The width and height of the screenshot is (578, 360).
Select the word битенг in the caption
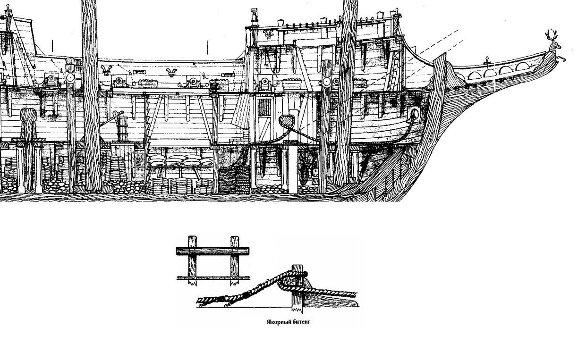301,322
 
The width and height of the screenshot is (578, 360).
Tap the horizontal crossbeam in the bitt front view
212,251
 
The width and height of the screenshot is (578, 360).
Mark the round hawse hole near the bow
415,114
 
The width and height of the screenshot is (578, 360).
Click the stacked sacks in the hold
180,160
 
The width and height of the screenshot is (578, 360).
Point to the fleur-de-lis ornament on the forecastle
270,34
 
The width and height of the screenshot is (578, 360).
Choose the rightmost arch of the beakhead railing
522,67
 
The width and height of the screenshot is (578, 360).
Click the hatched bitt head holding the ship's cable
286,121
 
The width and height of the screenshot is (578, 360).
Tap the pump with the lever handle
120,125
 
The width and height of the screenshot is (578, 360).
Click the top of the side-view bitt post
297,269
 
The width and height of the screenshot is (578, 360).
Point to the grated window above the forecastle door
265,108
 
